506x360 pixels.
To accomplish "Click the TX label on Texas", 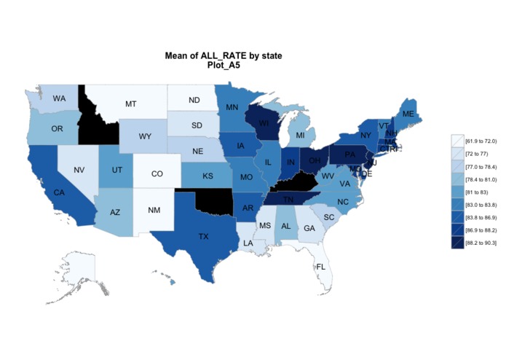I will pos(205,236).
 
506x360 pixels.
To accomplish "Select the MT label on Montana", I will pos(130,104).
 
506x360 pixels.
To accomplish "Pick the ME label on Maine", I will pos(408,114).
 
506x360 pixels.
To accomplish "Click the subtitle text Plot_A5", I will pos(224,65).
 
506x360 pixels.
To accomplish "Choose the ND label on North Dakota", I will pos(194,100).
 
